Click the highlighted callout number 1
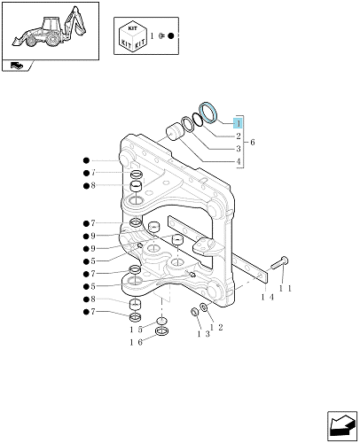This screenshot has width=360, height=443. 238,123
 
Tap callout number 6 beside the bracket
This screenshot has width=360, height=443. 252,143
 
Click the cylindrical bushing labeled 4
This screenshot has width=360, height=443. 174,132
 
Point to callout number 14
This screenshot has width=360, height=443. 268,297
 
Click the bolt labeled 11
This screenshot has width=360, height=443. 279,263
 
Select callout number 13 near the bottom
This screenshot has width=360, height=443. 204,334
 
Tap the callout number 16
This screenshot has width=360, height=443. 136,342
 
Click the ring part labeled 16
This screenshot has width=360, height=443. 162,331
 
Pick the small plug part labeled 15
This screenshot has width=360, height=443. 162,322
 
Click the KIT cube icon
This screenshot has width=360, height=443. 133,35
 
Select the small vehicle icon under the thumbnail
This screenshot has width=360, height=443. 17,65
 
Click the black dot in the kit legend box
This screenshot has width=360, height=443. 171,36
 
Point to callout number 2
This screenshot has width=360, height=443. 239,136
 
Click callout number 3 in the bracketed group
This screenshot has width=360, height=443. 239,149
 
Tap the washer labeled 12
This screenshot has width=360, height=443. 204,307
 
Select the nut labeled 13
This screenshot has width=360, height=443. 195,311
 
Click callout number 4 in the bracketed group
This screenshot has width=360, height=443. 239,161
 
